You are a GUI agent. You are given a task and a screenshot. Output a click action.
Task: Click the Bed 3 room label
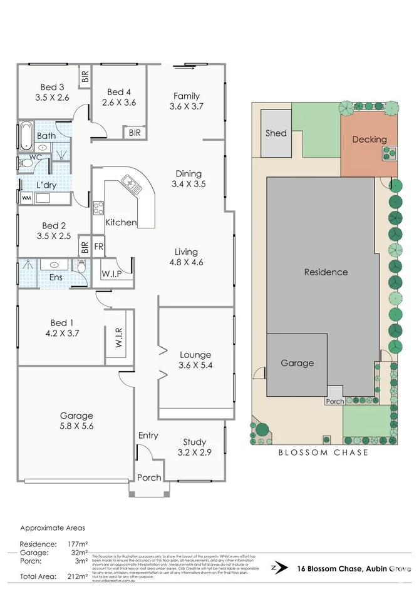tap(52, 87)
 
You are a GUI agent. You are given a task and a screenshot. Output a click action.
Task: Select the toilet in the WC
tap(26, 161)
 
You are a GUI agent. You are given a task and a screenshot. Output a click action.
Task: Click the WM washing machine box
tap(26, 198)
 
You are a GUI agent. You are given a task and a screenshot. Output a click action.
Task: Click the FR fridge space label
tap(99, 247)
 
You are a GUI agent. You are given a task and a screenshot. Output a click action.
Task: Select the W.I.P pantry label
tap(111, 273)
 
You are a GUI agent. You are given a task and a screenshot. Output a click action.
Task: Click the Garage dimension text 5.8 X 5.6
tap(76, 427)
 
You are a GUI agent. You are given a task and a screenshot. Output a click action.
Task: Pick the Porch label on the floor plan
tap(149, 477)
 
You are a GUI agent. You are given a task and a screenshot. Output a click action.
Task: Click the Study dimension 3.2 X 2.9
tap(195, 452)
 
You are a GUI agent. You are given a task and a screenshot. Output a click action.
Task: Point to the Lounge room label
tap(195, 354)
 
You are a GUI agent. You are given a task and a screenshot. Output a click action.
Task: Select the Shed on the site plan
tap(276, 133)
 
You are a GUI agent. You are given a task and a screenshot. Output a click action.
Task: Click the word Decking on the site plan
tap(369, 140)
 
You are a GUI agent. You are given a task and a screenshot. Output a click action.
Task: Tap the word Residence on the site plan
tap(326, 272)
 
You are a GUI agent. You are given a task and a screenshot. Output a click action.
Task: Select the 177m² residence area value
tap(78, 544)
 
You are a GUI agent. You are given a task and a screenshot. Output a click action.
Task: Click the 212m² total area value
tap(78, 576)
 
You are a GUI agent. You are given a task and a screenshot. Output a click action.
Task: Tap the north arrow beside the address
tap(274, 568)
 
